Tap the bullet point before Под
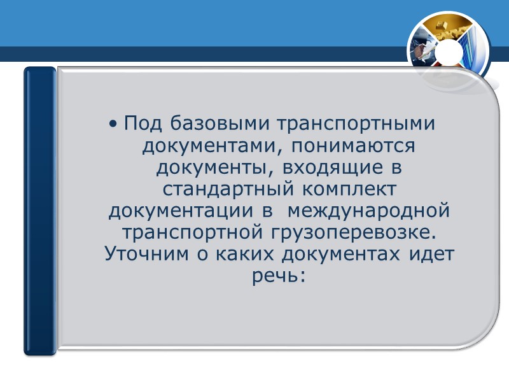click(113, 122)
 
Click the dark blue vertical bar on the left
click(40, 210)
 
